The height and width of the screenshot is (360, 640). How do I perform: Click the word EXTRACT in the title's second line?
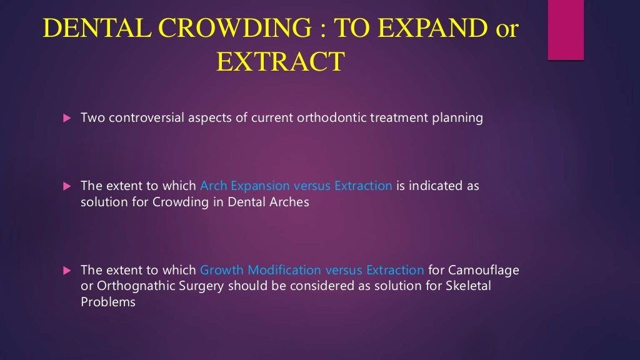click(x=280, y=62)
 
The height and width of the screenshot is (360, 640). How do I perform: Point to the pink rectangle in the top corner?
click(x=566, y=30)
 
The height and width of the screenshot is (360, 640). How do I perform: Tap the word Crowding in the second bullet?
click(x=177, y=202)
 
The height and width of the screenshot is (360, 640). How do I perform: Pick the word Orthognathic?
click(x=129, y=286)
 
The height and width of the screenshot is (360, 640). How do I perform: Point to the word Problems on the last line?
click(x=107, y=302)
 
